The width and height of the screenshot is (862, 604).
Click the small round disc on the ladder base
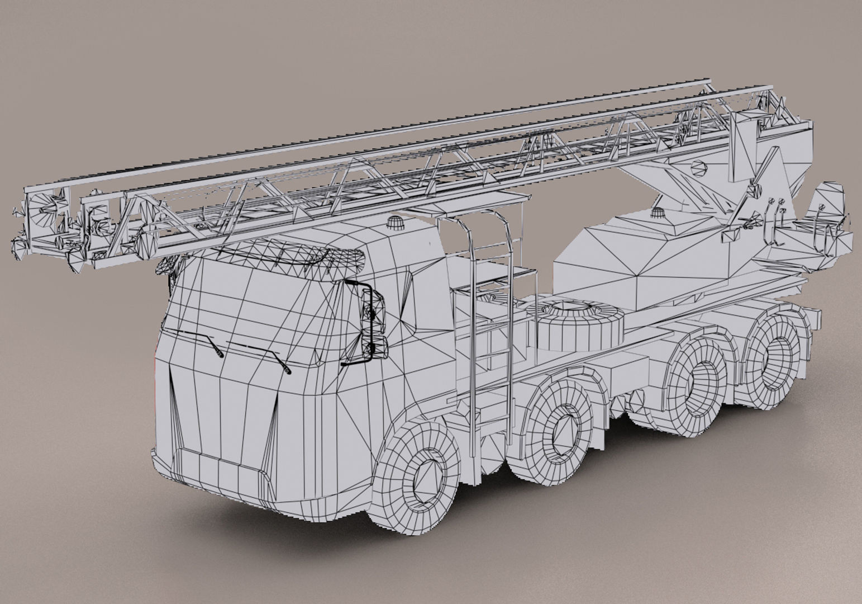click(x=699, y=167)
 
